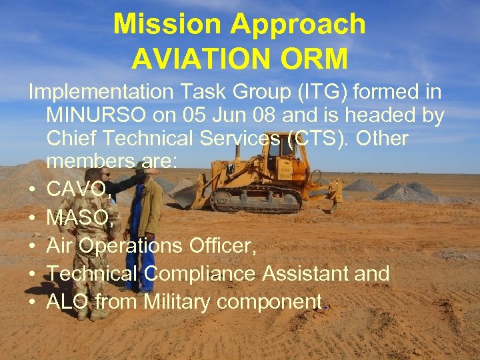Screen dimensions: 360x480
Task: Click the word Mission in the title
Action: [x=167, y=25]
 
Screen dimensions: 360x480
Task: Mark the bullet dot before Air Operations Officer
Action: [x=33, y=247]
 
